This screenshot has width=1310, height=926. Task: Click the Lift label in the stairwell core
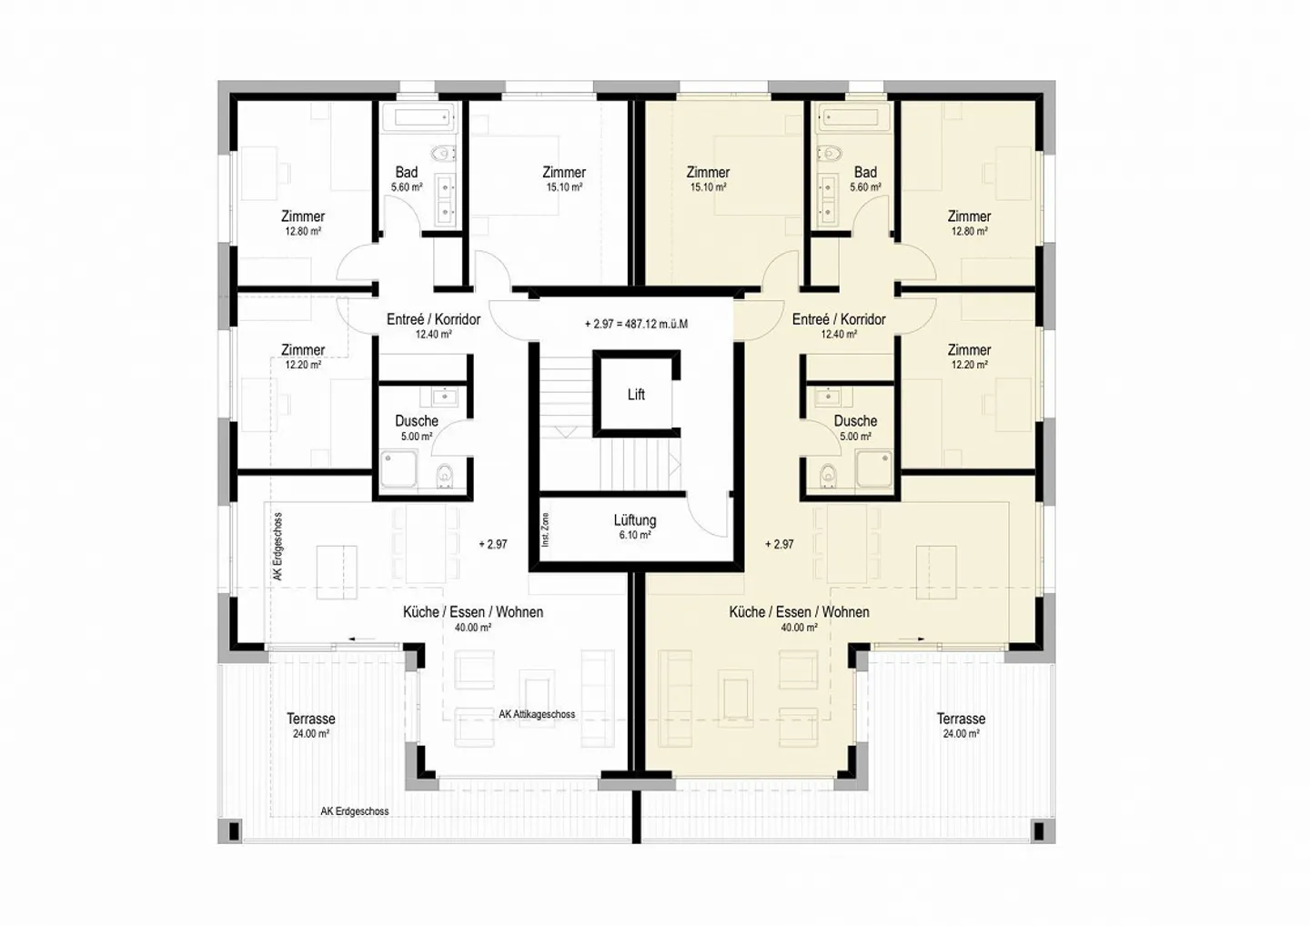(x=636, y=395)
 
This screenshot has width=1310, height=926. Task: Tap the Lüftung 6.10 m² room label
(x=635, y=526)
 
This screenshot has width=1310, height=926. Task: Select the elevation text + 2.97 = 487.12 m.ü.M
(x=636, y=324)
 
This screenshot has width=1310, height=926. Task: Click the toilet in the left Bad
(x=443, y=154)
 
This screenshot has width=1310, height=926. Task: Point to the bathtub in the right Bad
(x=849, y=118)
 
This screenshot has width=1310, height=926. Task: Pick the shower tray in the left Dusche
(x=398, y=468)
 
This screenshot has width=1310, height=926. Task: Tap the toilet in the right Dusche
(x=828, y=474)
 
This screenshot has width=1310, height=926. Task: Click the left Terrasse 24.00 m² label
(x=310, y=725)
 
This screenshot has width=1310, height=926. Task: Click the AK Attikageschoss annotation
(x=537, y=714)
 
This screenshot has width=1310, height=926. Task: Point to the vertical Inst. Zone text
(x=546, y=529)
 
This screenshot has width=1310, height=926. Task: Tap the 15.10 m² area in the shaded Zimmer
(x=708, y=187)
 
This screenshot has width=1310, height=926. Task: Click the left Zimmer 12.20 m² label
(x=302, y=357)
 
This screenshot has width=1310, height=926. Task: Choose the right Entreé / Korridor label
(x=839, y=326)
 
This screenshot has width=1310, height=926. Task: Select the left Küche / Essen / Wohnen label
(x=472, y=619)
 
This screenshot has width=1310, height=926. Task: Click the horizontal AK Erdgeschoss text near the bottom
(x=355, y=811)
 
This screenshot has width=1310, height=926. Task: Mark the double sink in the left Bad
(x=446, y=199)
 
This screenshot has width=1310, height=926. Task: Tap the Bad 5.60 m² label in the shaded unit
(x=865, y=179)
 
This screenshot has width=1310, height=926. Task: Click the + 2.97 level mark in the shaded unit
(x=780, y=544)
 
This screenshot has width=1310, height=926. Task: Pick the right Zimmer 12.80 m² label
(x=969, y=223)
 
